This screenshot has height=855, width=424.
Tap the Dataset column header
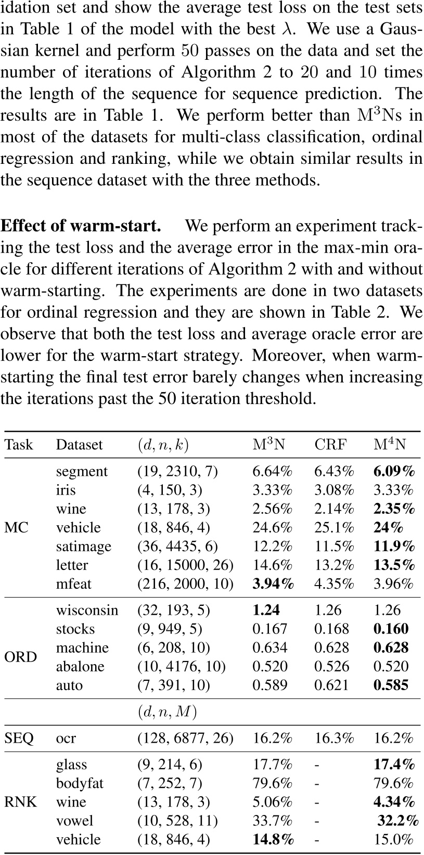coord(80,445)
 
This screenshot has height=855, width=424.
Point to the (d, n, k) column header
coord(163,445)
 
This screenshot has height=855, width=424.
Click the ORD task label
coord(21,657)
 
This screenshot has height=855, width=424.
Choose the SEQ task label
coord(19,738)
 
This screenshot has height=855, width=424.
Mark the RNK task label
coord(21,802)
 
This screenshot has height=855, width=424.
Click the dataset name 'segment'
coord(82,472)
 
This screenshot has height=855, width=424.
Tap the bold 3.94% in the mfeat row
coord(273,584)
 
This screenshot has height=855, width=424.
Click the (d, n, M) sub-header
coord(167,712)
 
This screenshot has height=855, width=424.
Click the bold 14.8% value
coord(273,839)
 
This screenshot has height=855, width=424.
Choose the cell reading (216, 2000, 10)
coord(186,584)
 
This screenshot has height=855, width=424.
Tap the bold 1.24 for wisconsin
coord(266,611)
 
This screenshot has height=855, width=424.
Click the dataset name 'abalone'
coord(80,667)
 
